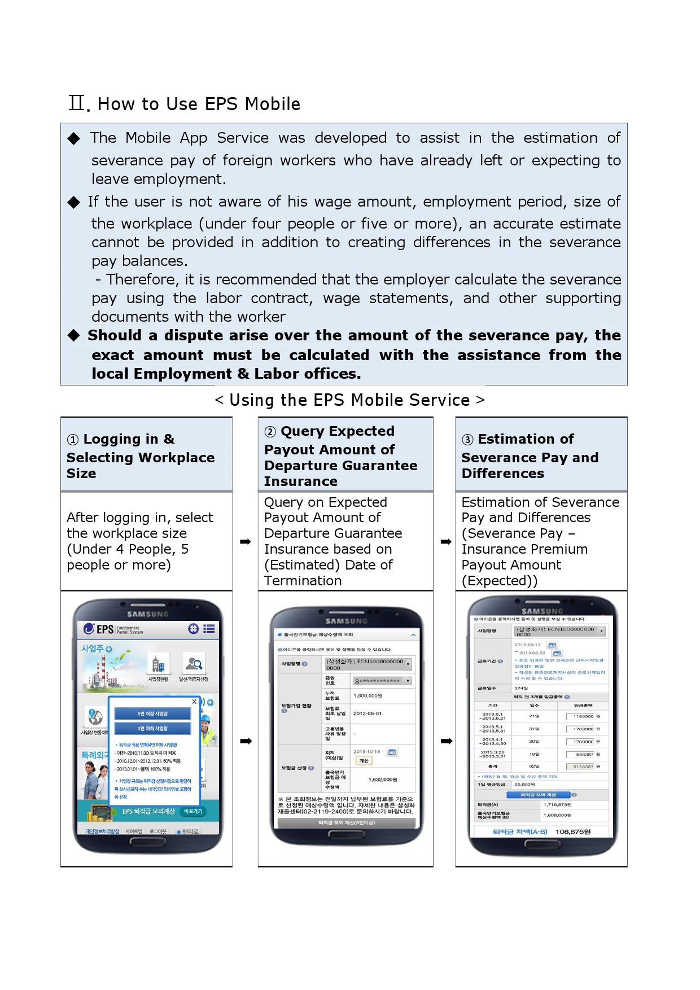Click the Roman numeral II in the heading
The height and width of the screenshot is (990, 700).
pos(77,103)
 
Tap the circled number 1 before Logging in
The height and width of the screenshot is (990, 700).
pos(73,440)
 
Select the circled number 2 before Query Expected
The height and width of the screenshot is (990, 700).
pos(270,432)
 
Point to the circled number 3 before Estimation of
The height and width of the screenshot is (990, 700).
pos(467,440)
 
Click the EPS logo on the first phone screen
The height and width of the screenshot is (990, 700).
pos(99,629)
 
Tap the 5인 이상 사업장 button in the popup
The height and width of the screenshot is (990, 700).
pos(152,714)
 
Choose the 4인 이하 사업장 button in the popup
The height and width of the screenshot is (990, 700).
pos(152,729)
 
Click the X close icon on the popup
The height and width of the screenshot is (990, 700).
pos(194,702)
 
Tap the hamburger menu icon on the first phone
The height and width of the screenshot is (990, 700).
pos(209,629)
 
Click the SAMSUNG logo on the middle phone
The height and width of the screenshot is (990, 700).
pos(346,621)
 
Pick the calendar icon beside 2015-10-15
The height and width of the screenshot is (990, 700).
pos(392,752)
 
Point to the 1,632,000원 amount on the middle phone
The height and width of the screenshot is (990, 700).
pos(382,779)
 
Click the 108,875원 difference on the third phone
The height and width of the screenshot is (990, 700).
pos(573,832)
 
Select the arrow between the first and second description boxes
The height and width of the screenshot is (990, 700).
pos(245,542)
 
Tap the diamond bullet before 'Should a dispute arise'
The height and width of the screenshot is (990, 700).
pos(74,336)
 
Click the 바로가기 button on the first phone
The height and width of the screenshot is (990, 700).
pos(193,812)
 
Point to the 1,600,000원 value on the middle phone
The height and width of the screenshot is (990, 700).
pos(368,696)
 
